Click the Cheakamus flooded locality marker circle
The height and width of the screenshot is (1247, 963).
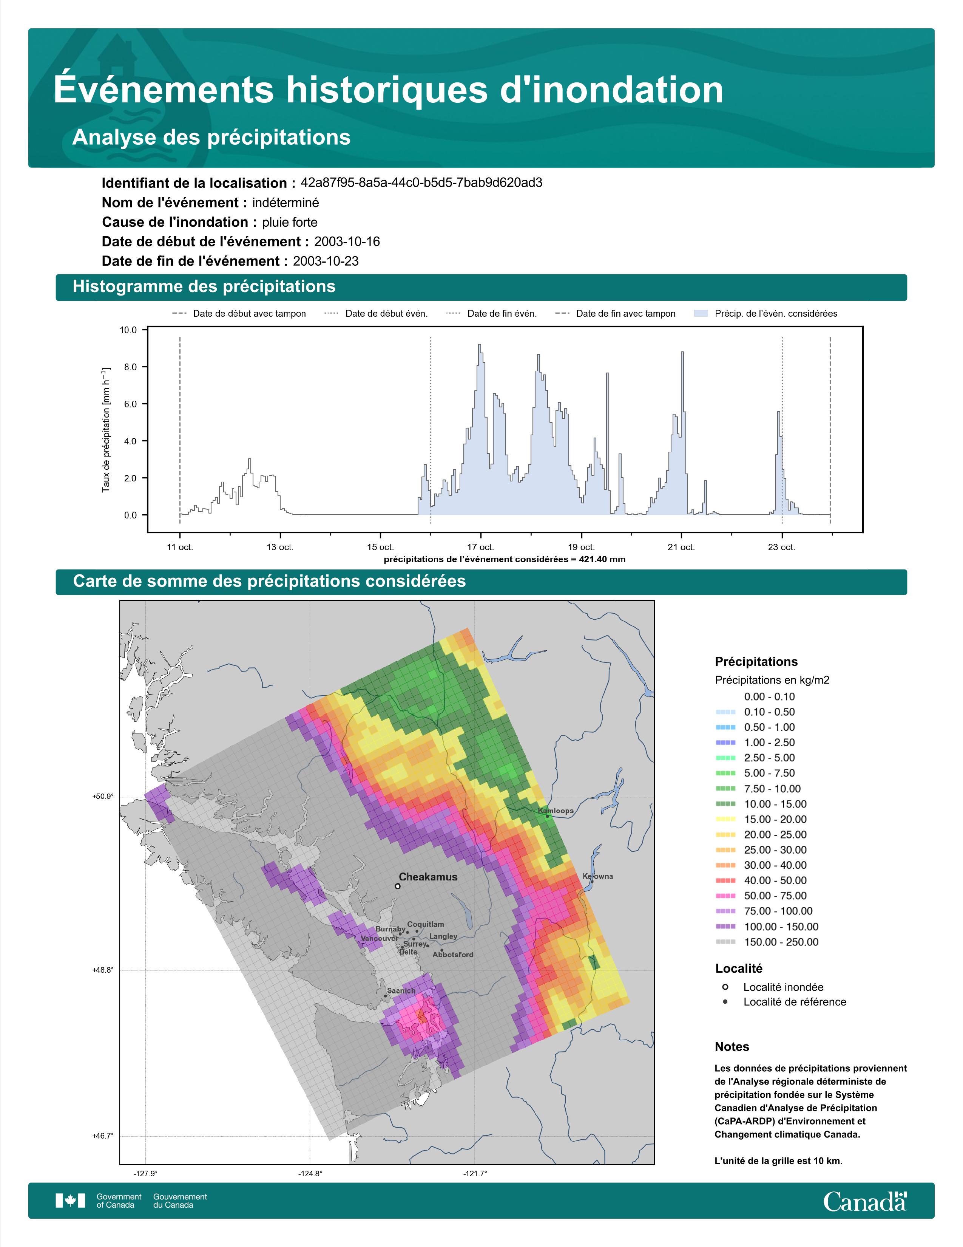click(397, 886)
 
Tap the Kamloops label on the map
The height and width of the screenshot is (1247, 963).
click(556, 810)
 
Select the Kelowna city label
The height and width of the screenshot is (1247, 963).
click(598, 876)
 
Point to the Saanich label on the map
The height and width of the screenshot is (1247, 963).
click(401, 991)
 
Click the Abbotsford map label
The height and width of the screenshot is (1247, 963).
click(453, 954)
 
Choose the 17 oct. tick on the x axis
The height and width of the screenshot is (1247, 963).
click(481, 547)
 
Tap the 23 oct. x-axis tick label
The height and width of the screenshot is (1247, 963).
click(782, 547)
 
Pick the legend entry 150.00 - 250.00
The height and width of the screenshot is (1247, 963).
click(781, 942)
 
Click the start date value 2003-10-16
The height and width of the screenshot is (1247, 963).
click(347, 241)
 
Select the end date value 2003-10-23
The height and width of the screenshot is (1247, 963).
click(326, 261)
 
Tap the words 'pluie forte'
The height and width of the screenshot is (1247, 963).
click(290, 222)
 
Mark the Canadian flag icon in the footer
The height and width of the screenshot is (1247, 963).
click(70, 1201)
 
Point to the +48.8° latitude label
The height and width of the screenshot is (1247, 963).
click(103, 970)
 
